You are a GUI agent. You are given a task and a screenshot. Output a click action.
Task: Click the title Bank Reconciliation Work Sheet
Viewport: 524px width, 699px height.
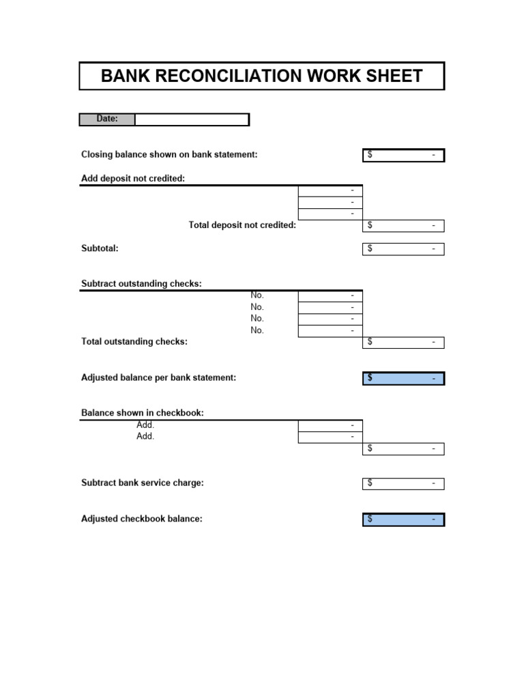(x=262, y=76)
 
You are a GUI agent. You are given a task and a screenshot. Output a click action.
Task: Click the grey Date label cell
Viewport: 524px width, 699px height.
(x=107, y=119)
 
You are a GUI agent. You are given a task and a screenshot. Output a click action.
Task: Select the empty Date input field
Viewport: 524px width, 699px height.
(x=192, y=119)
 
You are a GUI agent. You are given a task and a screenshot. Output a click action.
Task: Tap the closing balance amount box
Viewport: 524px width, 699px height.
(x=403, y=156)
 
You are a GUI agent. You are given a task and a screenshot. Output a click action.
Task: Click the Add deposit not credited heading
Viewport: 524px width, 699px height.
(x=133, y=179)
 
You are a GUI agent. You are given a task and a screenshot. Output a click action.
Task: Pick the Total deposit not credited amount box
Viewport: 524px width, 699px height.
(x=403, y=226)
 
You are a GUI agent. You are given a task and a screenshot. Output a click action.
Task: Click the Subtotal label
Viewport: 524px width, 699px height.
(x=100, y=248)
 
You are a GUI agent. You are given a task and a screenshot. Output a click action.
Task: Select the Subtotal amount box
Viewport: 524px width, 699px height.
(x=403, y=249)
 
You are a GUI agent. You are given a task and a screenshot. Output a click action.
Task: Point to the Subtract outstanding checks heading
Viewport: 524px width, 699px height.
(x=141, y=284)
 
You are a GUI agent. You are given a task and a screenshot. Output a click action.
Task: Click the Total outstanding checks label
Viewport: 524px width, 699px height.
(x=134, y=341)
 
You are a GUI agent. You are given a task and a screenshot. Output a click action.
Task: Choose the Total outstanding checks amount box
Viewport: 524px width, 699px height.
(x=403, y=343)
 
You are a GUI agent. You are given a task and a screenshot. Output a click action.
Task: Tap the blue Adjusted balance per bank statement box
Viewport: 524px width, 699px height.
(x=403, y=378)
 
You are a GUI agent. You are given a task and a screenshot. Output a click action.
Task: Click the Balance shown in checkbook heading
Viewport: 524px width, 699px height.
(x=143, y=413)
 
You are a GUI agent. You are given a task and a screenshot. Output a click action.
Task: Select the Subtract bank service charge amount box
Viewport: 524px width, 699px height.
(x=403, y=484)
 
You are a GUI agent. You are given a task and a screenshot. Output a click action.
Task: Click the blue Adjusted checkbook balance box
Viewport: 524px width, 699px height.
(x=403, y=519)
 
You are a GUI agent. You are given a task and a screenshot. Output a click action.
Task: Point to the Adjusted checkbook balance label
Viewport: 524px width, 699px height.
(x=142, y=519)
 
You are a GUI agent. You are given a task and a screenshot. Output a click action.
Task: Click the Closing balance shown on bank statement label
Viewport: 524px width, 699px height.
(x=169, y=155)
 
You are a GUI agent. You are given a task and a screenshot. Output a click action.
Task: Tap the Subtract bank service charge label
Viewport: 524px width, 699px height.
(x=143, y=483)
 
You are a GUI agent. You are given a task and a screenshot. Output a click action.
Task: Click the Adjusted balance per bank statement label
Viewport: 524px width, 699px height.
(x=158, y=377)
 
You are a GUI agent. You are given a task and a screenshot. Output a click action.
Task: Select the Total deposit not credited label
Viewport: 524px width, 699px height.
(x=242, y=225)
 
